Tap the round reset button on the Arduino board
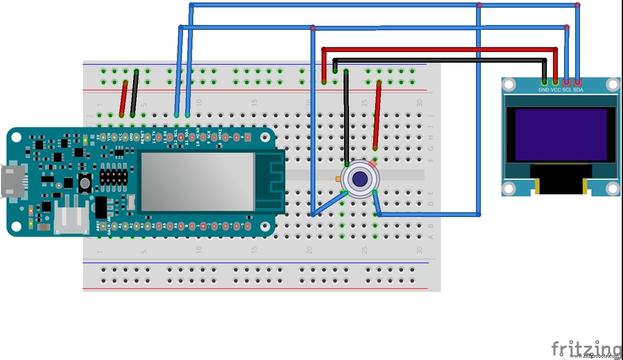(x=85, y=183)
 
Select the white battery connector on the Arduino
(x=72, y=220)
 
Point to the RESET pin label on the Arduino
(x=143, y=137)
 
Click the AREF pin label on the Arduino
(x=98, y=225)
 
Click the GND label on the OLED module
(x=544, y=90)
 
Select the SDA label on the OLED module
(x=578, y=90)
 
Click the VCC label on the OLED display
(x=555, y=90)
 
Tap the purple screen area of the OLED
(x=561, y=134)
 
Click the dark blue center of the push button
(x=360, y=179)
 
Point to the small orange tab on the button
(x=338, y=179)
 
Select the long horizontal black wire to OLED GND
(x=438, y=60)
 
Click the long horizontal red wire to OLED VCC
(x=438, y=49)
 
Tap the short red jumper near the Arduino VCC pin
(x=123, y=99)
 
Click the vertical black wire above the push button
(x=347, y=119)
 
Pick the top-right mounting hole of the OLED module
(x=613, y=85)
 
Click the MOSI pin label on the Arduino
(x=220, y=136)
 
